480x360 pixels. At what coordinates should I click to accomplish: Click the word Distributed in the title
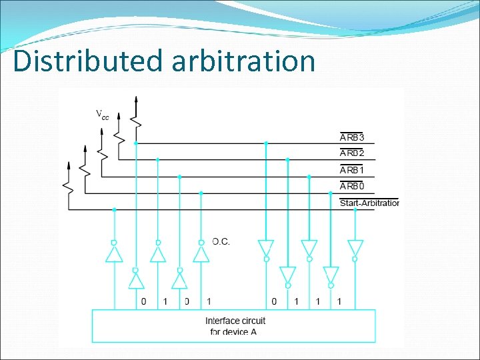point(87,61)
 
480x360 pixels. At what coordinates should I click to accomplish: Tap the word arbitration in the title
point(243,61)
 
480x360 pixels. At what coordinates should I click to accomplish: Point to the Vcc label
point(102,115)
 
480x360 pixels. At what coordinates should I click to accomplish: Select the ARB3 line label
point(353,137)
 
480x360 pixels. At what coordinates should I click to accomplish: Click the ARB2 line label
point(353,153)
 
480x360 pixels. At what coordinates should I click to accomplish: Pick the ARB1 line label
point(353,170)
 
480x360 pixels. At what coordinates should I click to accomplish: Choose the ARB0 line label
point(353,187)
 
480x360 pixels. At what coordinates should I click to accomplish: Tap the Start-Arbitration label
point(369,203)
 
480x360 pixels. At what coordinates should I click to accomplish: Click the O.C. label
point(221,241)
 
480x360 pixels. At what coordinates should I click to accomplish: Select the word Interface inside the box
point(223,321)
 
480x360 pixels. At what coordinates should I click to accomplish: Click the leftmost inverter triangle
point(114,254)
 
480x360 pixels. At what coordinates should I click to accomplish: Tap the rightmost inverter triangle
point(355,247)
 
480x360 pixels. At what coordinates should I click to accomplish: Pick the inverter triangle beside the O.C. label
point(201,254)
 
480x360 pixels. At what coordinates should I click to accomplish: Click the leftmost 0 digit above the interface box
point(143,302)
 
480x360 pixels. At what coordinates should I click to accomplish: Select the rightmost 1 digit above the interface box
point(339,302)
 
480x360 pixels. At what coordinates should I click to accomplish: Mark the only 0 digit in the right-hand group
point(274,302)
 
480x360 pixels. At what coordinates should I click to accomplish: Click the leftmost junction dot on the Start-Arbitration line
point(114,209)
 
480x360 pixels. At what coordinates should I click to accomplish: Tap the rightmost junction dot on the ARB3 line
point(266,143)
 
